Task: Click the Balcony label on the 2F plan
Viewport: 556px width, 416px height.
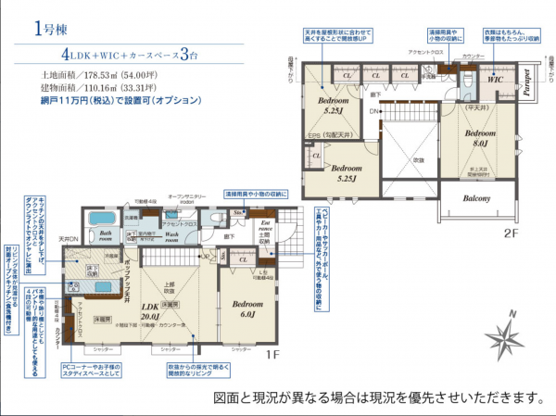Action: pyautogui.click(x=471, y=196)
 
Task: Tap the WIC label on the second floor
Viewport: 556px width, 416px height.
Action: pyautogui.click(x=493, y=81)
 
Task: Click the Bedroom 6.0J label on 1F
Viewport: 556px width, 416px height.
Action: pyautogui.click(x=247, y=309)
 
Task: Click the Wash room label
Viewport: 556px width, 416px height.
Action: pyautogui.click(x=178, y=234)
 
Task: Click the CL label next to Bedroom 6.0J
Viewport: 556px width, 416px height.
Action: pyautogui.click(x=243, y=260)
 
